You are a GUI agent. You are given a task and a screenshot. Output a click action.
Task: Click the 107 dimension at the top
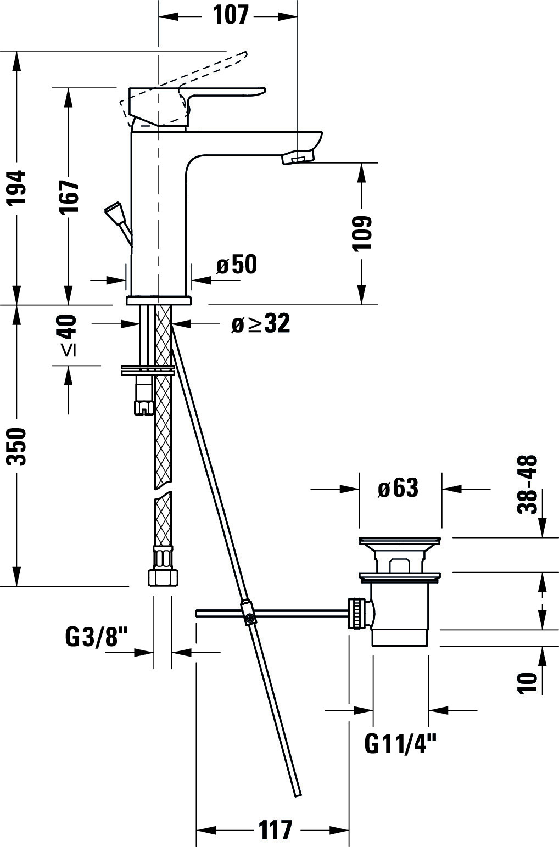(231, 15)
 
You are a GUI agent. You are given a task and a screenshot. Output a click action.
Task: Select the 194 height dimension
(18, 188)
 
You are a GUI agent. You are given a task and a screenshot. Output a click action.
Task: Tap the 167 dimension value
(70, 197)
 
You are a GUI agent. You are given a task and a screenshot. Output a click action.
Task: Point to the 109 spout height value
(362, 233)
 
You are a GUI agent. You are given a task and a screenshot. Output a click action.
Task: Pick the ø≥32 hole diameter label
(261, 324)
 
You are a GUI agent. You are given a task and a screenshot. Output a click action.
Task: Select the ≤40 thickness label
(69, 335)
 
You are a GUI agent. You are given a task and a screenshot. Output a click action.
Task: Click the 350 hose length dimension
(18, 447)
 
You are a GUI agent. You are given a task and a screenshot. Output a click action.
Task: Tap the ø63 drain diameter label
(398, 488)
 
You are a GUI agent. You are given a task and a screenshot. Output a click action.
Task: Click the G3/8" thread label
(97, 637)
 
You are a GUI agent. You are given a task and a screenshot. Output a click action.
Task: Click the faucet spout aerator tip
(298, 156)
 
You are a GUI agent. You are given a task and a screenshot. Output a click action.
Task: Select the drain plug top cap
(400, 541)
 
